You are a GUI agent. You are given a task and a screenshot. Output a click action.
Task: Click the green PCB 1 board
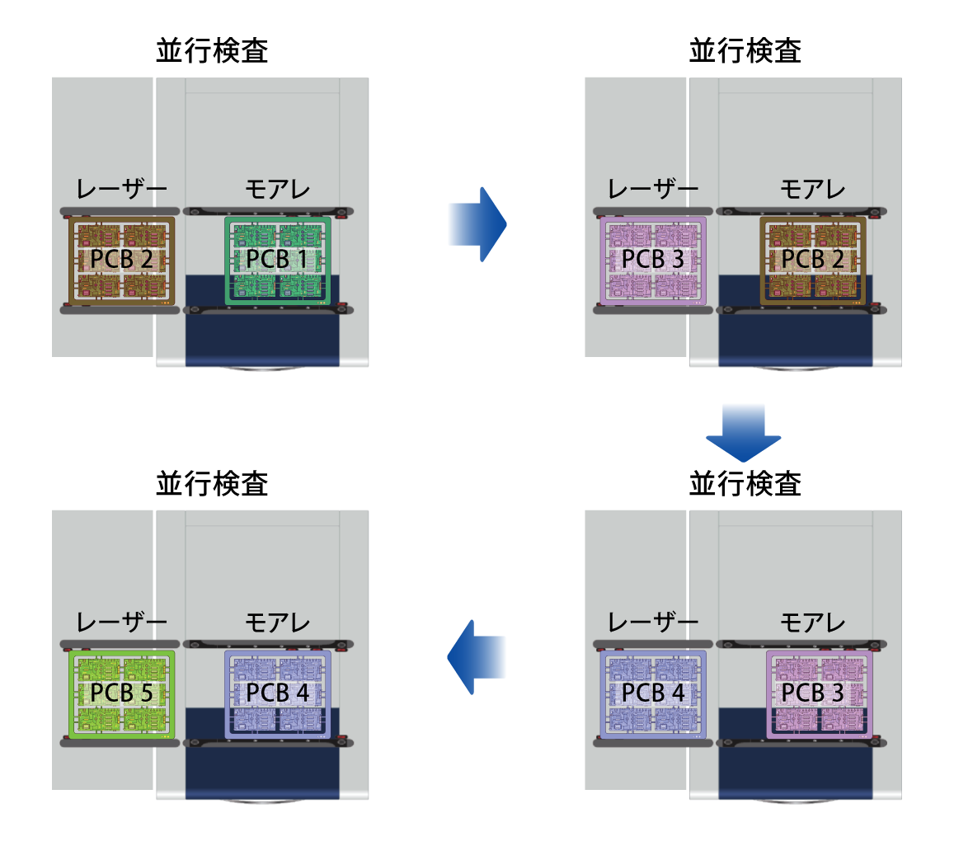pos(277,261)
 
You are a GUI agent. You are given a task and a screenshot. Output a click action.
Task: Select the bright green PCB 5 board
pos(122,694)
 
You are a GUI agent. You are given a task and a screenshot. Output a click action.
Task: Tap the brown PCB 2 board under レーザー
pos(122,261)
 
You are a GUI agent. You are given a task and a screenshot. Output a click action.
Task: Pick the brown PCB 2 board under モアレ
pos(813,261)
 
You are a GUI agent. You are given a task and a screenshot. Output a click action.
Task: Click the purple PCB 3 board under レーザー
pos(653,261)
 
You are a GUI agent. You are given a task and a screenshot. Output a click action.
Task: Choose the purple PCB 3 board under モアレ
pos(819,694)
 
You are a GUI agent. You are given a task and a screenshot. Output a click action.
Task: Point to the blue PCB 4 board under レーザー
pos(653,694)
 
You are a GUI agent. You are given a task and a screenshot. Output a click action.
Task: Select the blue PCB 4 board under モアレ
pos(277,694)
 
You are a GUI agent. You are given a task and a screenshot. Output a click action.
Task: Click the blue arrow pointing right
pos(477,224)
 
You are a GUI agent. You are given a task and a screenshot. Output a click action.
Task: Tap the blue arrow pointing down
pos(743,433)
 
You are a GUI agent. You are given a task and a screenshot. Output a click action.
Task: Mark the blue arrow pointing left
pos(477,657)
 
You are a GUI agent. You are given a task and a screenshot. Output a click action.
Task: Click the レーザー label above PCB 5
pos(122,623)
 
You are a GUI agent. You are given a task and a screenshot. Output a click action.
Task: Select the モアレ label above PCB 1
pos(277,190)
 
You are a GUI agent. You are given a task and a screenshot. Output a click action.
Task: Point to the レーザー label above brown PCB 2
pos(122,190)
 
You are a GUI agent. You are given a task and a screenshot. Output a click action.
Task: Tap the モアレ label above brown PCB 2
pos(813,190)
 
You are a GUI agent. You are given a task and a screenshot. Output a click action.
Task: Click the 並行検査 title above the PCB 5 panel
pos(213,483)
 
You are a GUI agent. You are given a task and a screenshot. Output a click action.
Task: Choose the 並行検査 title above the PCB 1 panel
pos(213,50)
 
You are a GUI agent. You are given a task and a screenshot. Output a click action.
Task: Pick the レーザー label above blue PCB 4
pos(653,623)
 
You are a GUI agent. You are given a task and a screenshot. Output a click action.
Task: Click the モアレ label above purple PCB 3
pos(813,623)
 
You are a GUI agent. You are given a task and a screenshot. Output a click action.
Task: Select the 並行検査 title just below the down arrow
pos(745,483)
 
